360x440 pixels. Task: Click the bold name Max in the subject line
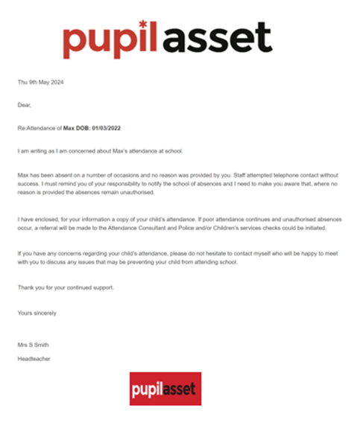(68, 129)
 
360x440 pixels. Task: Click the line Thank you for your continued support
(66, 287)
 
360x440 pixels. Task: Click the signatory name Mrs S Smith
(33, 345)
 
